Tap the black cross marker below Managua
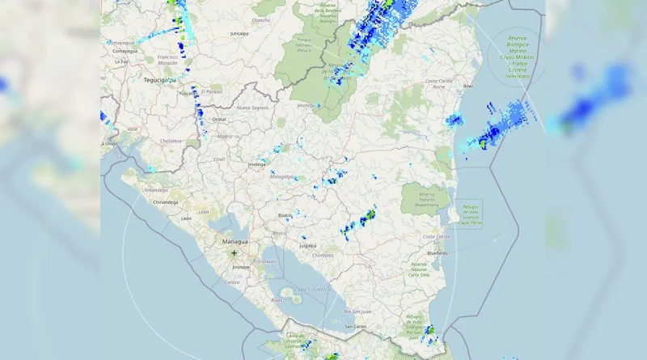[x=235, y=253]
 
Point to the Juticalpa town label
[x=238, y=34]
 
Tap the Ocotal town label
[x=218, y=119]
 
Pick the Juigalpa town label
[x=307, y=244]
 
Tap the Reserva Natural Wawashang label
[x=425, y=197]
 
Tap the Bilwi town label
[x=467, y=85]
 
